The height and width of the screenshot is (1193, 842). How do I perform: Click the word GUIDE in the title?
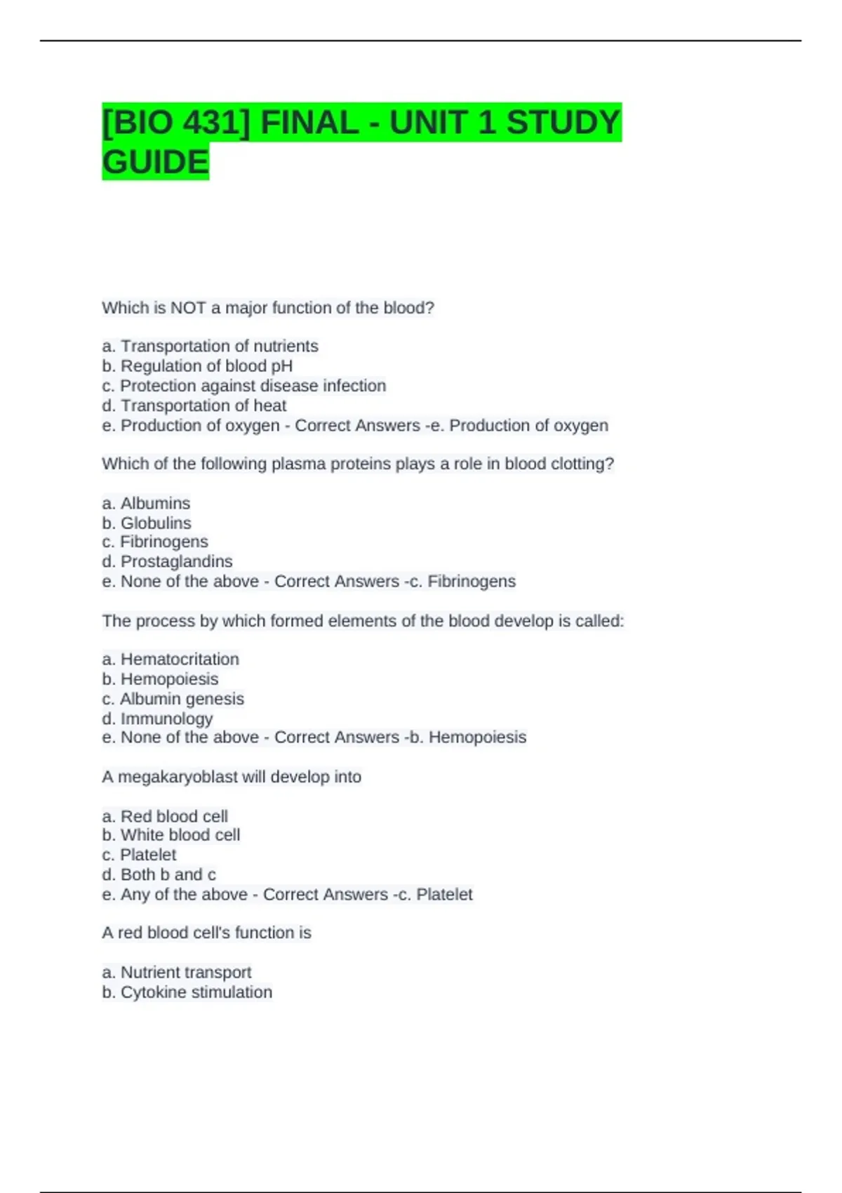pyautogui.click(x=155, y=161)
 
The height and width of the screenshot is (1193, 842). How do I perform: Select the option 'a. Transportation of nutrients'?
pyautogui.click(x=210, y=346)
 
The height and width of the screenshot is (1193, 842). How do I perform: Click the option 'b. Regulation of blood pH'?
pyautogui.click(x=197, y=366)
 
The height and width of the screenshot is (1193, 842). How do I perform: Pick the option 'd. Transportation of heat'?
pyautogui.click(x=194, y=406)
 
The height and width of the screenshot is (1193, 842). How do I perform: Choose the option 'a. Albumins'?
pyautogui.click(x=146, y=503)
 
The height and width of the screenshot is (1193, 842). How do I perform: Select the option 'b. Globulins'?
pyautogui.click(x=146, y=523)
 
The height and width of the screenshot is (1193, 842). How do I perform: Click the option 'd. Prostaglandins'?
pyautogui.click(x=167, y=561)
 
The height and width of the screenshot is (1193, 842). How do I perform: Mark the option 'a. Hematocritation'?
pyautogui.click(x=171, y=659)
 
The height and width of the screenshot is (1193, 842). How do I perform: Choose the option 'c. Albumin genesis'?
pyautogui.click(x=173, y=699)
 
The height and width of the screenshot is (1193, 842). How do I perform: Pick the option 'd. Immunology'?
pyautogui.click(x=157, y=719)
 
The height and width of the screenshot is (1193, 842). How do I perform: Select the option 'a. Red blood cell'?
pyautogui.click(x=165, y=816)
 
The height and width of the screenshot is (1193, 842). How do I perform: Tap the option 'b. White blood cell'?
pyautogui.click(x=171, y=835)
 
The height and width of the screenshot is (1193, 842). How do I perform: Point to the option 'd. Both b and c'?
pyautogui.click(x=159, y=874)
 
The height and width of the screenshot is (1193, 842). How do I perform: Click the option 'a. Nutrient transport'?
pyautogui.click(x=176, y=972)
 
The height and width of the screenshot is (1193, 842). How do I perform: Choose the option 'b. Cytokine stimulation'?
pyautogui.click(x=187, y=992)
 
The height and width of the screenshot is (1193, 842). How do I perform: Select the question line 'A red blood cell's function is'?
pyautogui.click(x=206, y=933)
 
